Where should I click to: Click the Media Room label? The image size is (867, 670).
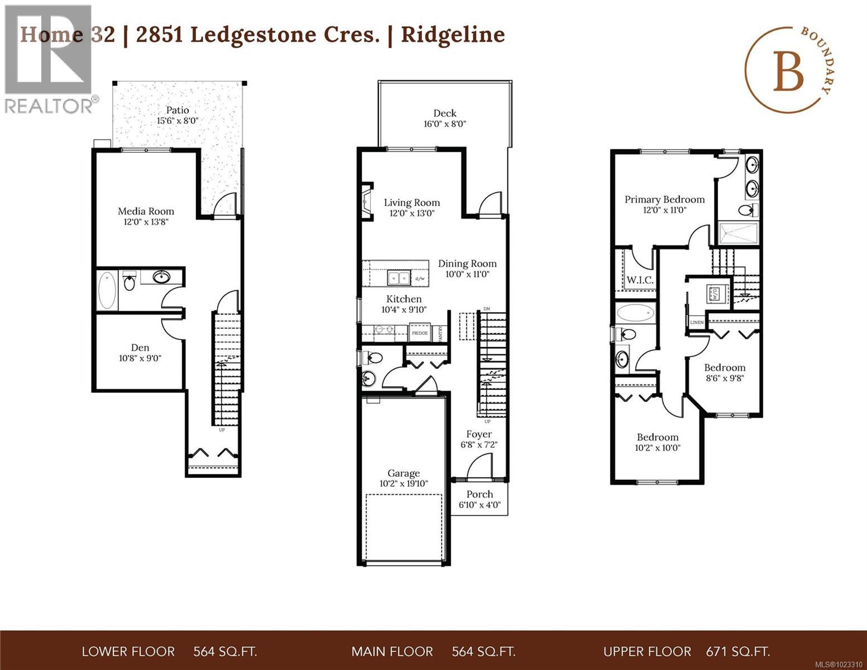pos(146,212)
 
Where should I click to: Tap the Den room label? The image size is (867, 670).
pos(140,348)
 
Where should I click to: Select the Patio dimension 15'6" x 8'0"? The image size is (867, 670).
pos(178,121)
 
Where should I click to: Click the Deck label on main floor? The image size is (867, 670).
pos(444,113)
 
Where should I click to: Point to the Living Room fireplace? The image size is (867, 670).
pos(366,202)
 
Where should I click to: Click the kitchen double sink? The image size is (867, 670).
pos(399,277)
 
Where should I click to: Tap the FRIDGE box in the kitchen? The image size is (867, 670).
pos(419,333)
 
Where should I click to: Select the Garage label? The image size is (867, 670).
pos(404,473)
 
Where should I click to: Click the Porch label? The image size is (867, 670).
pos(480,494)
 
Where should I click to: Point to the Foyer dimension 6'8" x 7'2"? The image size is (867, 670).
pos(479,445)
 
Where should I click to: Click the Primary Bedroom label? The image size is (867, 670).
pos(664,200)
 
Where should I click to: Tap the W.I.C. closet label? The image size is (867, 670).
pos(640,280)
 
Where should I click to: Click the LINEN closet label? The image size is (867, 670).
pos(697,323)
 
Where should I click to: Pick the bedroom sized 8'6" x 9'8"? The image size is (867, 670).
pos(725,372)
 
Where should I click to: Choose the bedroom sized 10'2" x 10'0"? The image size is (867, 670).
pos(658,442)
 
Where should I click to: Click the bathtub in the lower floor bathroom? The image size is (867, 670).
pos(107,290)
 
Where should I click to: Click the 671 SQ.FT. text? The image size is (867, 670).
pos(738,652)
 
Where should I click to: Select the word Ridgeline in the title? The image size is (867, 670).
pos(453,35)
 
